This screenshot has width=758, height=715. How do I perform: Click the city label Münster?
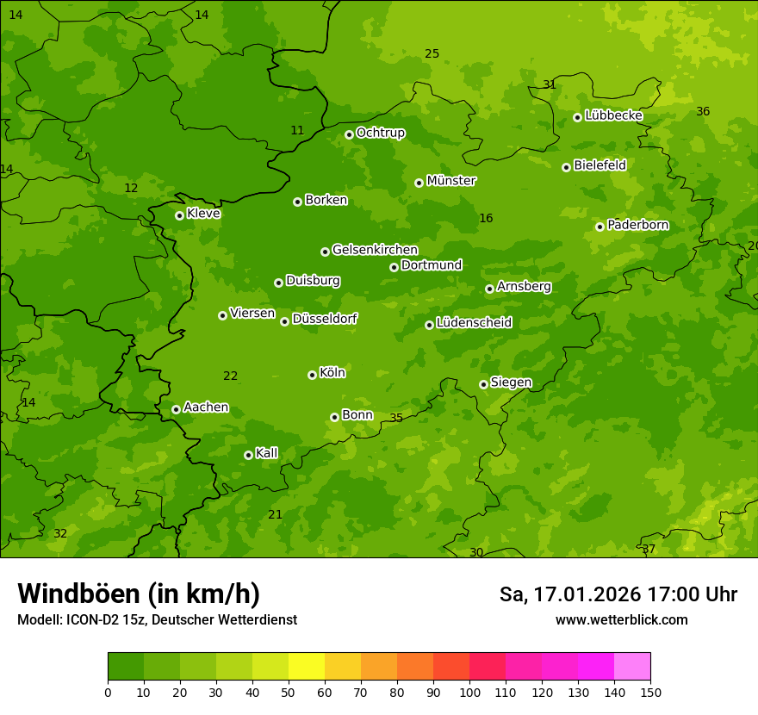coord(450,181)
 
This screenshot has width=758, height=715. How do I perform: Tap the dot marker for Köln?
coord(312,375)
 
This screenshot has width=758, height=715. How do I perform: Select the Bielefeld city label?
coord(600,165)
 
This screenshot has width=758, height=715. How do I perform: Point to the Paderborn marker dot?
coord(600,227)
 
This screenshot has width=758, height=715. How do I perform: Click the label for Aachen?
coord(206,407)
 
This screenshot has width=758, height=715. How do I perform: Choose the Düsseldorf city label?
coord(325,319)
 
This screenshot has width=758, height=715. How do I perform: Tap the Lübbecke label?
coord(613,115)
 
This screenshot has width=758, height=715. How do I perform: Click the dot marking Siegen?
coord(483,384)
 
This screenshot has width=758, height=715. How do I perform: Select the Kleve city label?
coord(203,214)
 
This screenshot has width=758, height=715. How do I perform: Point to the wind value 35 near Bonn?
coord(396,418)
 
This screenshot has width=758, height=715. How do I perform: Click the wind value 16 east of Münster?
coord(486,218)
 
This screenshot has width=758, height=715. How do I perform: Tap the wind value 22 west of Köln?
coord(230,376)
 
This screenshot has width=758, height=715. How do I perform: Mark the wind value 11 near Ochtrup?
coord(297,130)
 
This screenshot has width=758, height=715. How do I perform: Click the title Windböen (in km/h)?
coord(139,594)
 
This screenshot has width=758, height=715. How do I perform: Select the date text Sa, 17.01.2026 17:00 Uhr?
coord(618,594)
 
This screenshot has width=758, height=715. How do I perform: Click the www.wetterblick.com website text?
coord(621,619)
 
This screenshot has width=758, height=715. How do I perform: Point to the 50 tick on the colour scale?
coord(289,692)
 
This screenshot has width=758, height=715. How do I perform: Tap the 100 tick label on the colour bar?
coord(469,692)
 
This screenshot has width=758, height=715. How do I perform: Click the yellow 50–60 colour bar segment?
coord(307,666)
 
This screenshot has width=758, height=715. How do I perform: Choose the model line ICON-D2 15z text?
coord(157,619)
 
